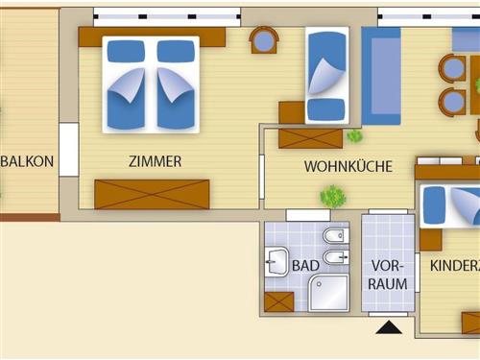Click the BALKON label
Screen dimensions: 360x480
[x=28, y=161]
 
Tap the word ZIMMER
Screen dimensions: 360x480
[x=155, y=161]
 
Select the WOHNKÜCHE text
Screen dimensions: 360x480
[x=348, y=166]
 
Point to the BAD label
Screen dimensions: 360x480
[x=305, y=264]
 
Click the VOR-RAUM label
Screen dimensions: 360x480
[x=390, y=275]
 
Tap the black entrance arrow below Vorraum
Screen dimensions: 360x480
[x=389, y=328]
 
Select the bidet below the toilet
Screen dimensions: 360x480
[x=334, y=257]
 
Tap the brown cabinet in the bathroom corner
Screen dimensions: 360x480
[x=278, y=301]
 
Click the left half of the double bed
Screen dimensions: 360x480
[x=127, y=84]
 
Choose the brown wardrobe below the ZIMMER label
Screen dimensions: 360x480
[x=152, y=194]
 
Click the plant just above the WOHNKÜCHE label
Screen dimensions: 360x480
[x=354, y=136]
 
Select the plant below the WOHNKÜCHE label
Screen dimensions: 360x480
[x=333, y=197]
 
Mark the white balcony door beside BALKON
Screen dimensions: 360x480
[x=68, y=150]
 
